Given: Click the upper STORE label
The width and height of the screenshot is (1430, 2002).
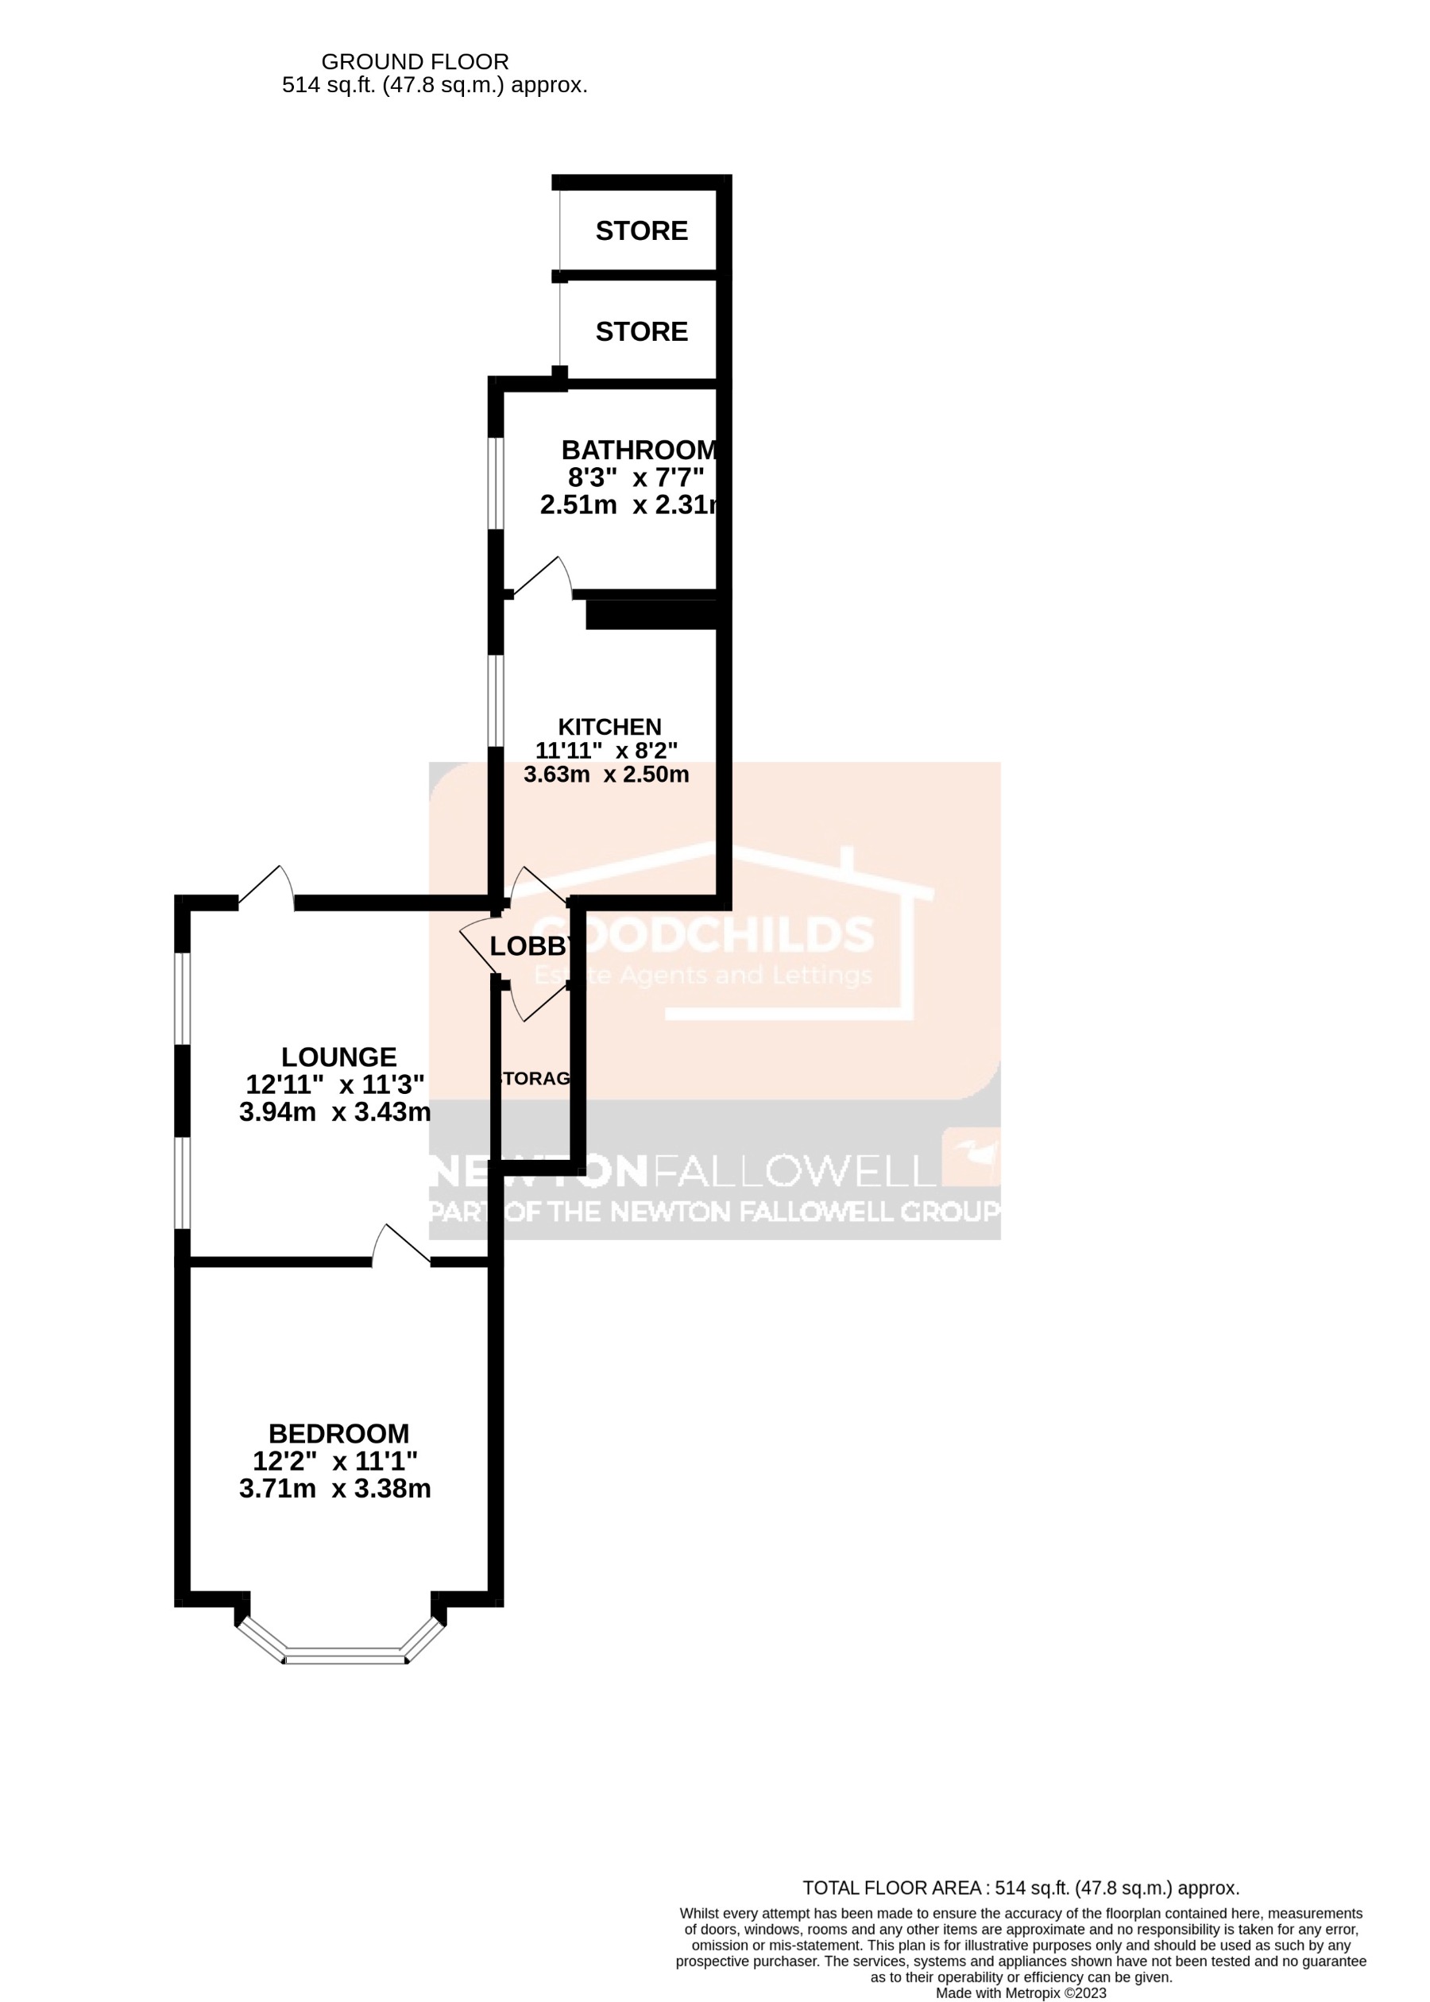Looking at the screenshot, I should tap(641, 230).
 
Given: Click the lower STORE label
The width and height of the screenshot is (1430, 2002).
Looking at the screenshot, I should tap(641, 332).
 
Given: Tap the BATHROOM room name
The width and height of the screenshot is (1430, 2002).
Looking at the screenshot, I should tap(640, 450).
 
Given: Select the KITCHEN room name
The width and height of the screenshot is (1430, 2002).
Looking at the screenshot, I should tap(609, 727).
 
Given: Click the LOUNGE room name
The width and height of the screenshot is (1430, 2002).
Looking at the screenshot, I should tap(339, 1057).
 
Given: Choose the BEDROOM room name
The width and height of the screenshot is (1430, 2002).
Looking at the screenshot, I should tap(339, 1434).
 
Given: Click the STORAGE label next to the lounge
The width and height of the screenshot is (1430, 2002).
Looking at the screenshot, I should tap(535, 1080).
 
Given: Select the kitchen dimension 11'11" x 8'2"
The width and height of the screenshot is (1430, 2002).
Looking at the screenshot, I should tap(607, 751).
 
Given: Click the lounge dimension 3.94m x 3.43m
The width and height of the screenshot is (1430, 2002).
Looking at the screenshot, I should tap(335, 1112).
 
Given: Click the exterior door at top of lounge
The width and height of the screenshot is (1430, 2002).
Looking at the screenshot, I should tap(267, 886).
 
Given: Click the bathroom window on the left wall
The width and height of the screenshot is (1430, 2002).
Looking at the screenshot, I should tap(496, 483).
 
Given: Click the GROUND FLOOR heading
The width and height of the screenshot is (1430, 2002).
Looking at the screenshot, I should tap(415, 62).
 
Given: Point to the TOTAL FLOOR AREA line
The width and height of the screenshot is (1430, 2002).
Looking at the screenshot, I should tap(1021, 1888).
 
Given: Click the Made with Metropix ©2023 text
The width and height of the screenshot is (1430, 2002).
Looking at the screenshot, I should tap(1021, 1993).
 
